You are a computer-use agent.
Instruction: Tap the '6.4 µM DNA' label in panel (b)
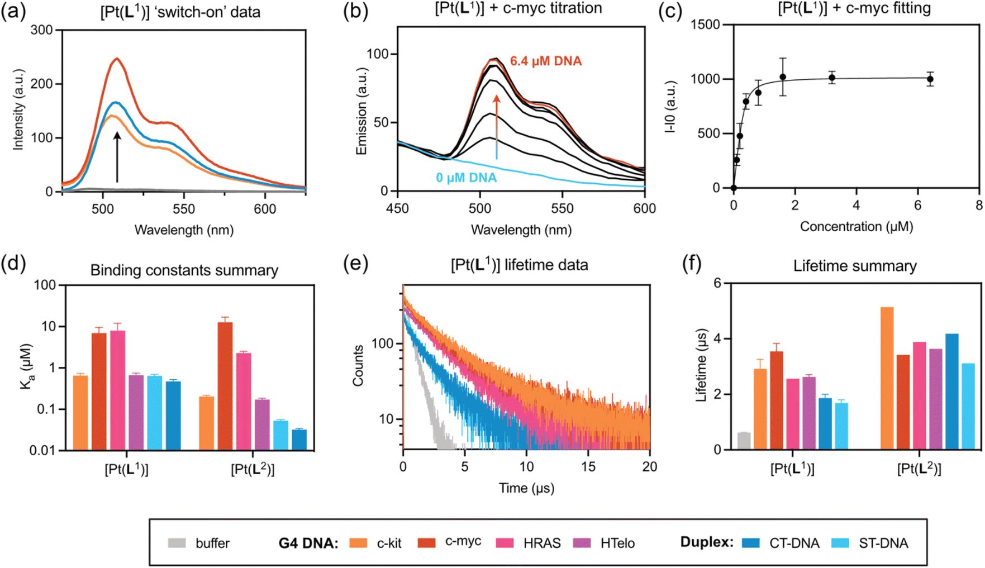point(546,61)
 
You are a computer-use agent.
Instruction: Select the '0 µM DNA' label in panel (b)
point(466,178)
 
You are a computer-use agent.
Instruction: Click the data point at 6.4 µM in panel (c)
point(930,79)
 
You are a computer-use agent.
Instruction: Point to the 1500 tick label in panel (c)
point(706,25)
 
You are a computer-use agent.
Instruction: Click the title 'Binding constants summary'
point(184,270)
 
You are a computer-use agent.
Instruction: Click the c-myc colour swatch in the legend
point(427,542)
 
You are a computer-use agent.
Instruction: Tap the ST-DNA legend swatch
point(840,543)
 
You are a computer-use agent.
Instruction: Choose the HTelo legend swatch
point(582,542)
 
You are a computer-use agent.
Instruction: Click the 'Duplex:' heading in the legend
point(707,542)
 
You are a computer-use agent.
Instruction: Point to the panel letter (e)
point(355,263)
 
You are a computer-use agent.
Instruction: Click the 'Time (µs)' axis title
point(526,488)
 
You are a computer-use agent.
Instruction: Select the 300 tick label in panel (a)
point(42,30)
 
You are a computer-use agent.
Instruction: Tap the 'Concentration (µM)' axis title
point(856,226)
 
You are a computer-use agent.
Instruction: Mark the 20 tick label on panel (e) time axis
point(649,466)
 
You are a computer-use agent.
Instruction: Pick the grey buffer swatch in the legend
point(177,543)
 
